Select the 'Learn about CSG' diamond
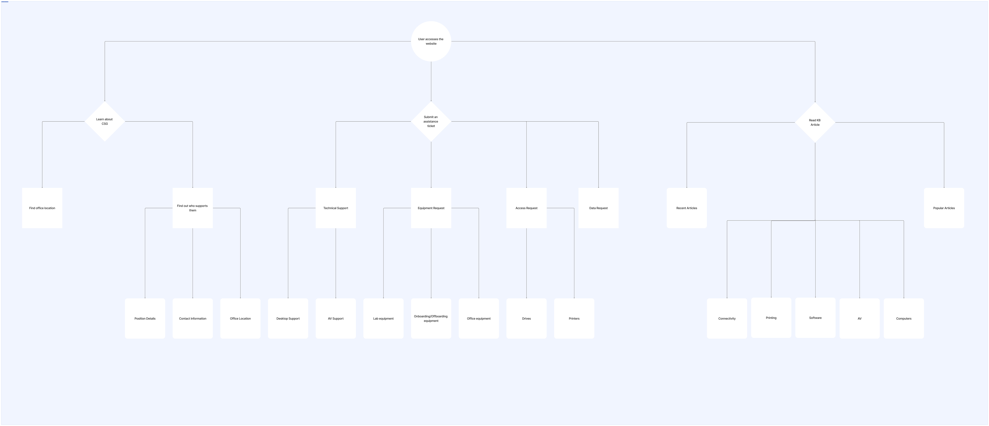pos(104,121)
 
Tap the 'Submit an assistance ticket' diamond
pos(431,121)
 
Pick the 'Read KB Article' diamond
pos(815,122)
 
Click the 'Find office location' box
pos(42,208)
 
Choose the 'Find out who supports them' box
pos(192,208)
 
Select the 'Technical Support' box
pos(336,208)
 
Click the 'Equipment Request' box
pos(431,208)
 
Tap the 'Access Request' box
pos(526,208)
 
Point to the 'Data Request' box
pos(598,208)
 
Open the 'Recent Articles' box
pos(686,208)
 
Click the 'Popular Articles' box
pos(944,208)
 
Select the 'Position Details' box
pos(145,318)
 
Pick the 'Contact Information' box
pos(192,318)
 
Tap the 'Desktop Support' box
pos(288,318)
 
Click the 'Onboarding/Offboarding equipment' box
pos(431,318)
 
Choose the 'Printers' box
pos(574,318)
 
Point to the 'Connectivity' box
pos(727,318)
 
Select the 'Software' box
pos(815,318)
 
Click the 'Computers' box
pos(903,318)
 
